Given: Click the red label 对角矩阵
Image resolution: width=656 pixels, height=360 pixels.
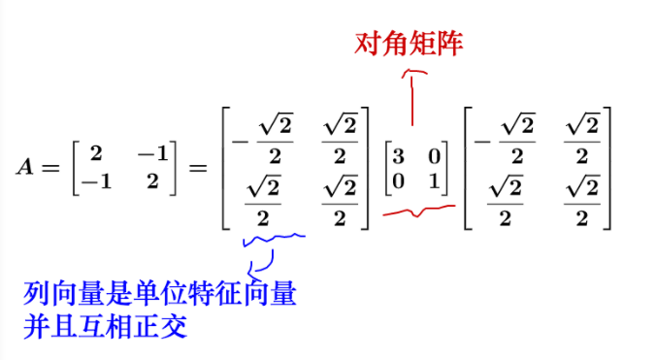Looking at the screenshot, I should click(410, 44).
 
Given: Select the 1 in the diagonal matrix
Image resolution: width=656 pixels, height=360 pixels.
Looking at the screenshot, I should click(433, 179).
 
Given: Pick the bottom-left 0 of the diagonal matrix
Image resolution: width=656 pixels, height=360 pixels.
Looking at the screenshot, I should click(398, 179).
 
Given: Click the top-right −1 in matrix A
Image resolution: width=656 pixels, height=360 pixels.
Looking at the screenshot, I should click(152, 153).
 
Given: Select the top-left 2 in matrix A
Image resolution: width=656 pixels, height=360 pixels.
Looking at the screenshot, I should click(95, 153).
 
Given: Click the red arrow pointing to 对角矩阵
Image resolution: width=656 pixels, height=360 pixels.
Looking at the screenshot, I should click(412, 97).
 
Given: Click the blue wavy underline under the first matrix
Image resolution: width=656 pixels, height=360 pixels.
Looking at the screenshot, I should click(274, 237).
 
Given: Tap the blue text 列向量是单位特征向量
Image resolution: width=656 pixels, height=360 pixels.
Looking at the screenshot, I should click(160, 292).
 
